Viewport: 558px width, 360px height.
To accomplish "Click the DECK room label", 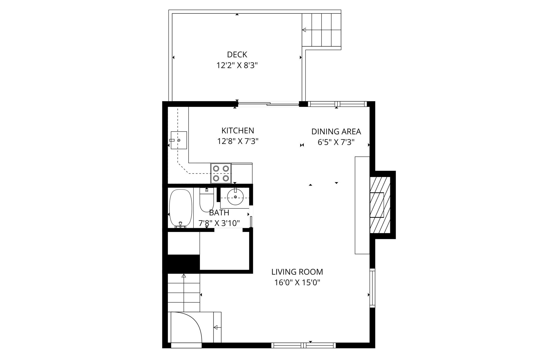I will pyautogui.click(x=237, y=55).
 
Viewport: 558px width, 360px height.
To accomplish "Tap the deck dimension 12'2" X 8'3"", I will pyautogui.click(x=237, y=66).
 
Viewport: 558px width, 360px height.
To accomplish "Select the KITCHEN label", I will pyautogui.click(x=238, y=131).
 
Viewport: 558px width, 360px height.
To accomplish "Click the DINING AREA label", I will pyautogui.click(x=336, y=132).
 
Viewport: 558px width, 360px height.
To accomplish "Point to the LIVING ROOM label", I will pyautogui.click(x=297, y=272).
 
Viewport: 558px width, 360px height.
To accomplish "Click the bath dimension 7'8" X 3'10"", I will pyautogui.click(x=219, y=223).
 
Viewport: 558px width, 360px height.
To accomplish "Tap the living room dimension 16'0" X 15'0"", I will pyautogui.click(x=297, y=283).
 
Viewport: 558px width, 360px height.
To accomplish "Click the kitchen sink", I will pyautogui.click(x=179, y=140).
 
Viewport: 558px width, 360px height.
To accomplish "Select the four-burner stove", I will pyautogui.click(x=221, y=173).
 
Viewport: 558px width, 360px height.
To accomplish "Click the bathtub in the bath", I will pyautogui.click(x=181, y=208).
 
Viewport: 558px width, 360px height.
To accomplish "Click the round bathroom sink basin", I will pyautogui.click(x=235, y=197).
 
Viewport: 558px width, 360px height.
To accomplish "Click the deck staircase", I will pyautogui.click(x=322, y=30).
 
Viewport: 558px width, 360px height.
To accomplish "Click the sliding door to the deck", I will pyautogui.click(x=268, y=104).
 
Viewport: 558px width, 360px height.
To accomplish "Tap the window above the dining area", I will pyautogui.click(x=337, y=104).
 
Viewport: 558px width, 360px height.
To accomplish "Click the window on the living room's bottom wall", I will pyautogui.click(x=304, y=345).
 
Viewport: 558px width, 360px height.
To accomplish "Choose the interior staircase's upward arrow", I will pyautogui.click(x=184, y=276).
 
